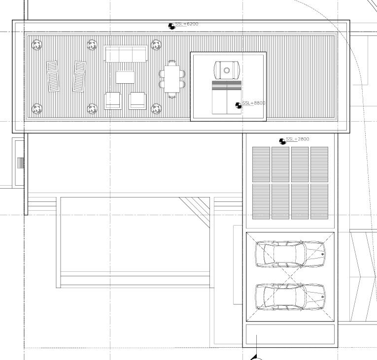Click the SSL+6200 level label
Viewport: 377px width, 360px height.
187,24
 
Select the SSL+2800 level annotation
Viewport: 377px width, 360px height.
297,139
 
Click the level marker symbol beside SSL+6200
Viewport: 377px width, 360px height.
171,26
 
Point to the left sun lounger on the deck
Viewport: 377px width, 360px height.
53,76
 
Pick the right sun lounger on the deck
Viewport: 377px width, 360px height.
79,76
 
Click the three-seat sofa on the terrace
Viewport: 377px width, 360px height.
126,54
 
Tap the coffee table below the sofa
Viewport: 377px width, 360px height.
125,77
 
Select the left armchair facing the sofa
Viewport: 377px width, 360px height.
112,100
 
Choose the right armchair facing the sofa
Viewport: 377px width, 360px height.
137,100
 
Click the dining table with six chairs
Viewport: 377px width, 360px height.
172,80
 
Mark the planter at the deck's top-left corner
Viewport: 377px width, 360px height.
36,45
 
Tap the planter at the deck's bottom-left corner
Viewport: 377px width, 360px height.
36,108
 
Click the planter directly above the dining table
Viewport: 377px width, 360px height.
156,45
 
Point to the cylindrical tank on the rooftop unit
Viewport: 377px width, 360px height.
227,70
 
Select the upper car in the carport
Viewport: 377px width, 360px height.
290,254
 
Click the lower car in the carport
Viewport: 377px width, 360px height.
290,297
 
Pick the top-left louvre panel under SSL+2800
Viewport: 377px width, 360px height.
261,164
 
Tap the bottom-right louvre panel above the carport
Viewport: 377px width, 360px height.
319,201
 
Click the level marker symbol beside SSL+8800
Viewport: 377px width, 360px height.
239,105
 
